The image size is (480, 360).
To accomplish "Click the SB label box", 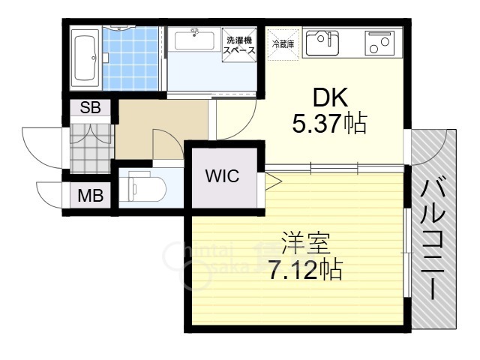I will pyautogui.click(x=90, y=107).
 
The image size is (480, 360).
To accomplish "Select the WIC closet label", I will pyautogui.click(x=222, y=177).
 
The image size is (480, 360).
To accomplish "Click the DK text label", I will pyautogui.click(x=328, y=97).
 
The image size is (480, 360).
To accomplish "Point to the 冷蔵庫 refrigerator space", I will pyautogui.click(x=283, y=44).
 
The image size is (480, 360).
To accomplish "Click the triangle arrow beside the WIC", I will pyautogui.click(x=271, y=180).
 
